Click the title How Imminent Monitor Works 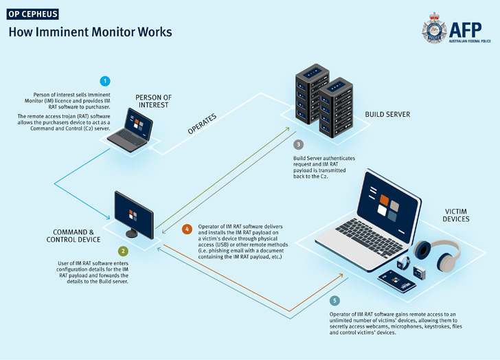pos(89,32)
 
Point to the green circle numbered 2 pos(123,251)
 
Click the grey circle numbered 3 pos(297,145)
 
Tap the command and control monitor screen pos(135,215)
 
